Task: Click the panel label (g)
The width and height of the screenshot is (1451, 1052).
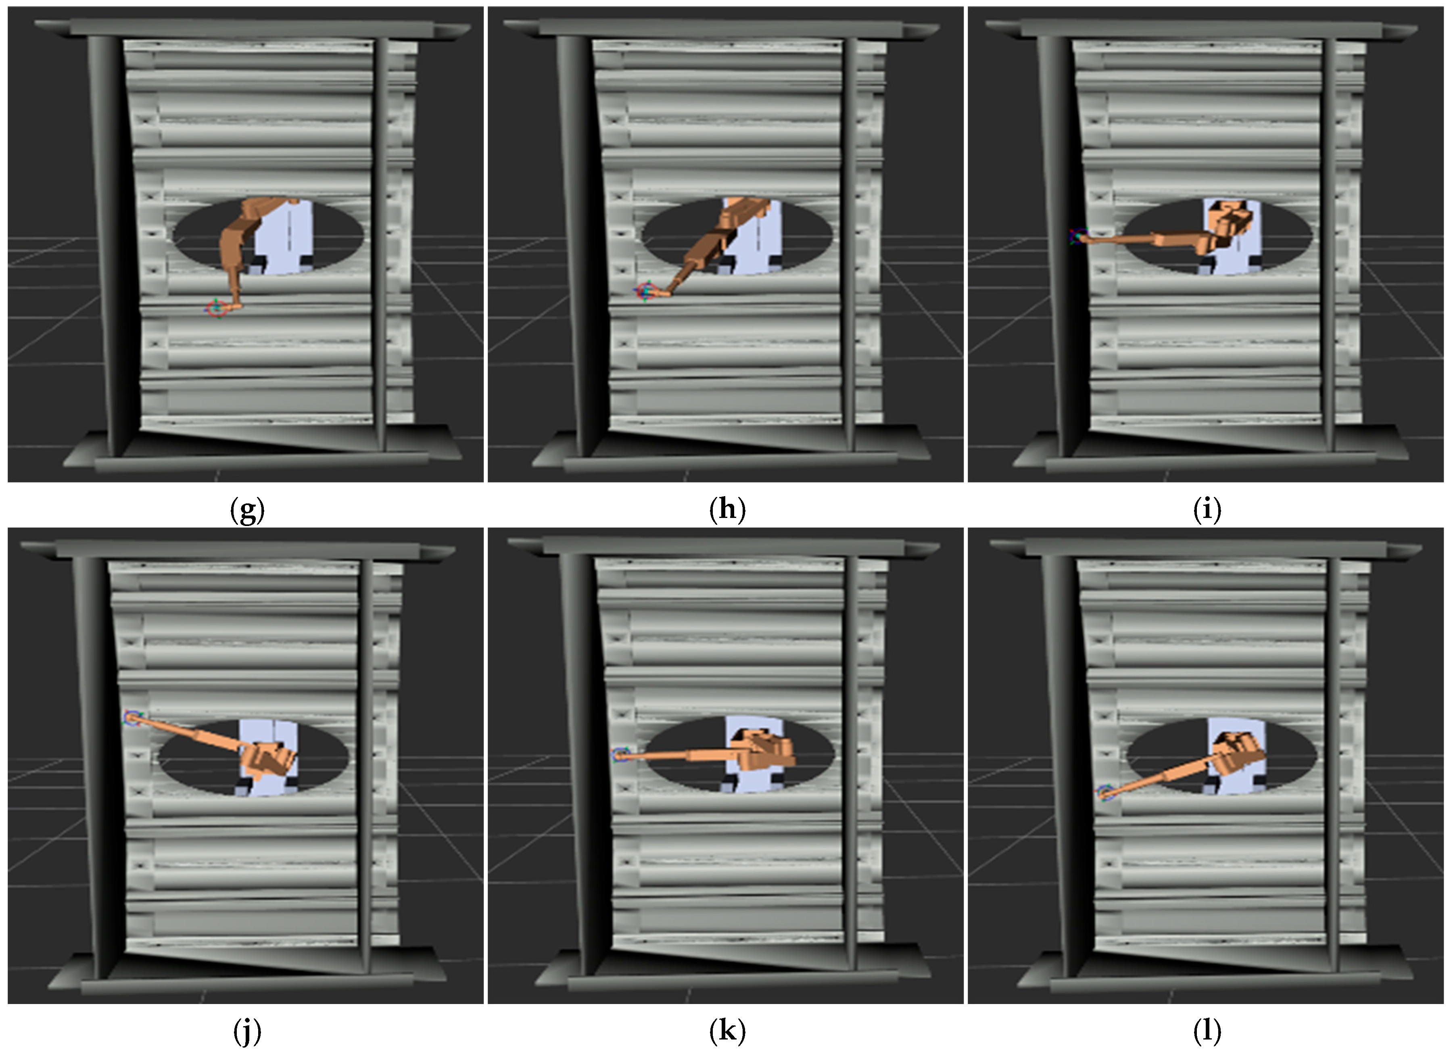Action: tap(247, 510)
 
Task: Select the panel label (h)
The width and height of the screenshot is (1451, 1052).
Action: tap(727, 510)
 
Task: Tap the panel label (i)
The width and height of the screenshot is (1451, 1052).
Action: tap(1207, 510)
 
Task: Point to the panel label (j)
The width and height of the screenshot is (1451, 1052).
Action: tap(247, 1031)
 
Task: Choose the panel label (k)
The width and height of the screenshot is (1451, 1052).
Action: tap(727, 1031)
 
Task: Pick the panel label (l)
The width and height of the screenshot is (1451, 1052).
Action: tap(1207, 1031)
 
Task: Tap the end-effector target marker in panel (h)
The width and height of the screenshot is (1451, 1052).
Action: tap(645, 291)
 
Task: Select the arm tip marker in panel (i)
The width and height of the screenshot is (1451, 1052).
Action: tap(1079, 237)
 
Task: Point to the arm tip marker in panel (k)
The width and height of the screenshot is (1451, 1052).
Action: tap(619, 755)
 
